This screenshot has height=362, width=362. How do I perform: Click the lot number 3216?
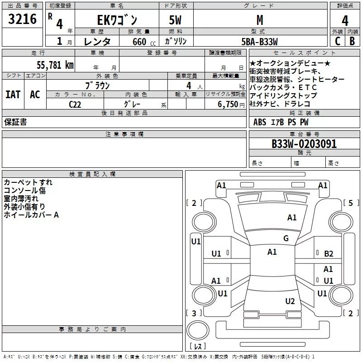[x=22, y=19]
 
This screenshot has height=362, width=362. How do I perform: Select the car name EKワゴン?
[x=118, y=20]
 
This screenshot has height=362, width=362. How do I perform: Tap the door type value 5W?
[x=176, y=20]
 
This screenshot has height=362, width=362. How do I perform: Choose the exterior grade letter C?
[x=338, y=41]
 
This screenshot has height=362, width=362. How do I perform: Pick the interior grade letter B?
[x=352, y=41]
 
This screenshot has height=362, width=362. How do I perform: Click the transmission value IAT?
[x=13, y=95]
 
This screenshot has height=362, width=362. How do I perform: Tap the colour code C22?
[x=76, y=105]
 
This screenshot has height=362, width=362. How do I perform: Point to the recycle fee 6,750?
[x=229, y=105]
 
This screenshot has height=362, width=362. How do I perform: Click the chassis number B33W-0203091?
[x=304, y=144]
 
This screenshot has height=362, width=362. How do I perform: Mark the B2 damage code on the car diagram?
[x=329, y=254]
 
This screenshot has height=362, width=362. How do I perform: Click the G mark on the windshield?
[x=286, y=238]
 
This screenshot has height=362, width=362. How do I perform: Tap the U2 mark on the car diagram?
[x=290, y=301]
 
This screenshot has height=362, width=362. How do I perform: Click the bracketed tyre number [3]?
[x=194, y=313]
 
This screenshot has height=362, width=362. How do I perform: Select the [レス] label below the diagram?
[x=198, y=347]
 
